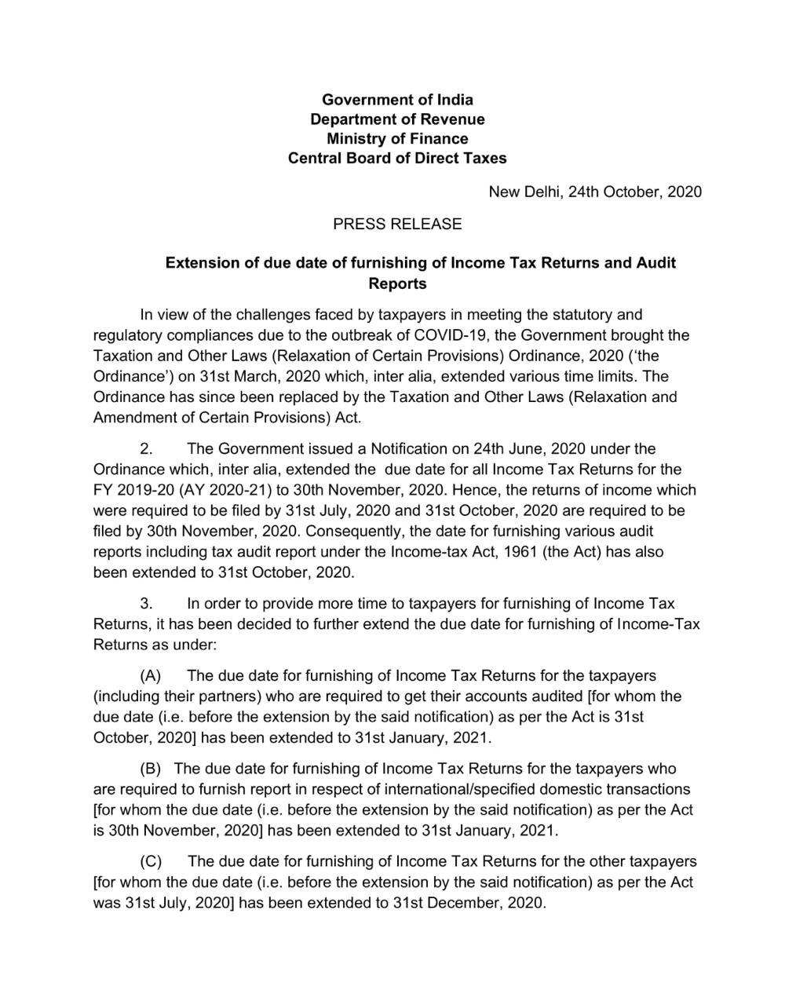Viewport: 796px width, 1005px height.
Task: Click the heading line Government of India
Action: [397, 100]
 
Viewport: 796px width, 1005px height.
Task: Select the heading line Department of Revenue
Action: [397, 119]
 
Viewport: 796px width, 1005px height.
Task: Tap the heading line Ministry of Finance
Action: [397, 139]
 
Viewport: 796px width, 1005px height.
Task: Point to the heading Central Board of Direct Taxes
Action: [397, 159]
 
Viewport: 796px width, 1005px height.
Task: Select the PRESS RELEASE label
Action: [397, 225]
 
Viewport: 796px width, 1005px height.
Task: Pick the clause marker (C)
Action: [151, 861]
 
